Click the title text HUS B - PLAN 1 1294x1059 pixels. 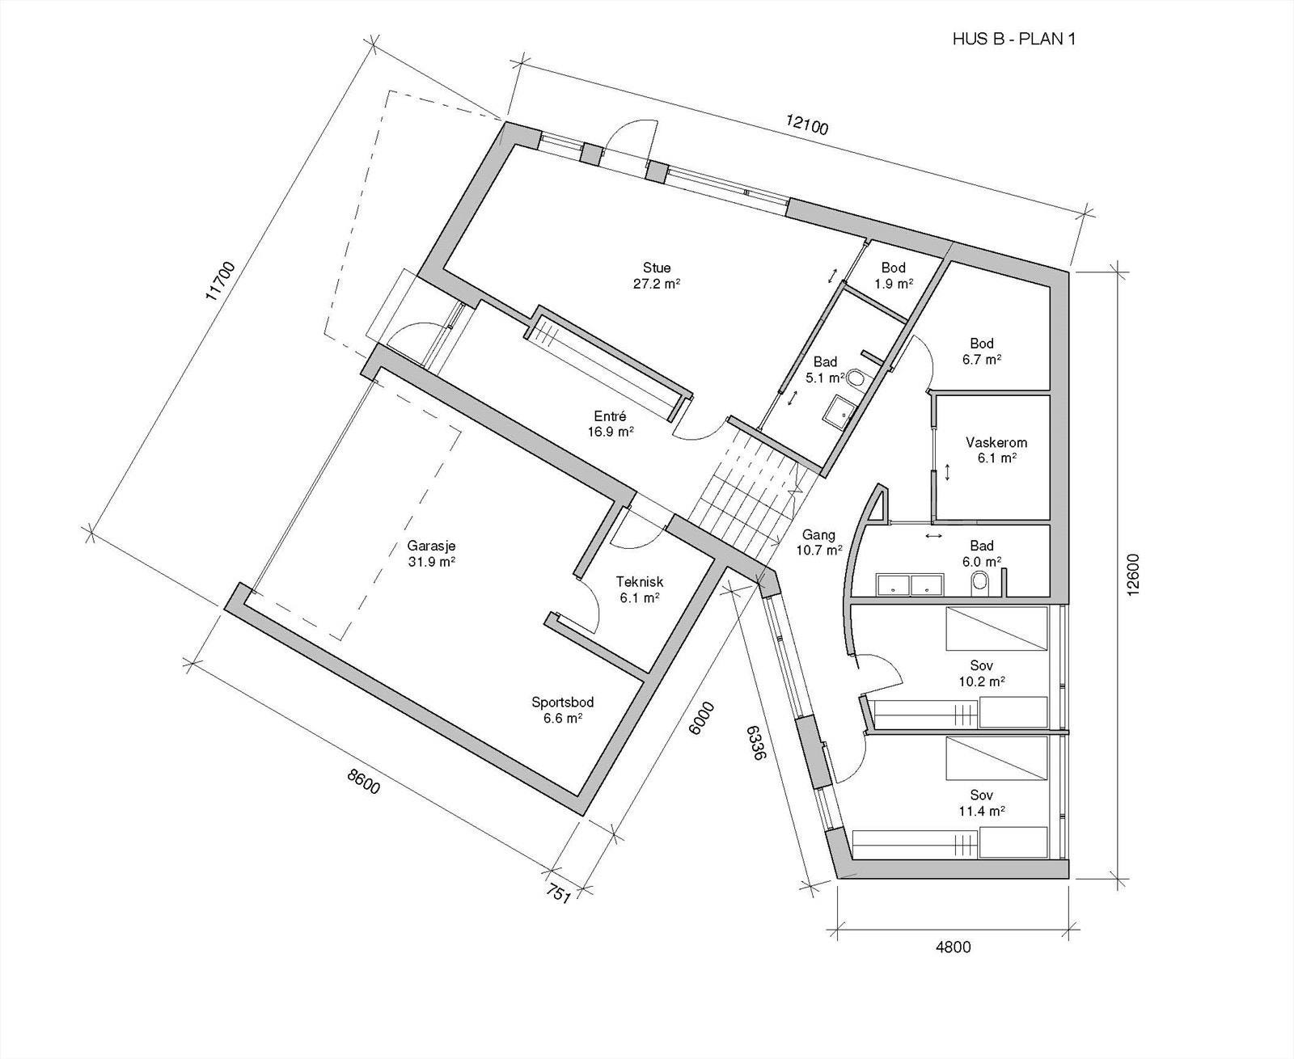(1014, 40)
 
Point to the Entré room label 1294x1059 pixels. (611, 424)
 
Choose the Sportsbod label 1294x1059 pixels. (562, 710)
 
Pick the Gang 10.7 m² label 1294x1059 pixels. (818, 542)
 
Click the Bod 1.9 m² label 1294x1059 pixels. (894, 275)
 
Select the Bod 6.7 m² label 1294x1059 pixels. (982, 352)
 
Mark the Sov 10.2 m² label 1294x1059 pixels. (982, 673)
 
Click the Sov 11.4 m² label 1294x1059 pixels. (982, 802)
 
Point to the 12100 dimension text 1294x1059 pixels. (807, 125)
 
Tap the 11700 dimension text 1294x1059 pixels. (221, 281)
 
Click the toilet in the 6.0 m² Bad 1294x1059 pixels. (979, 580)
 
